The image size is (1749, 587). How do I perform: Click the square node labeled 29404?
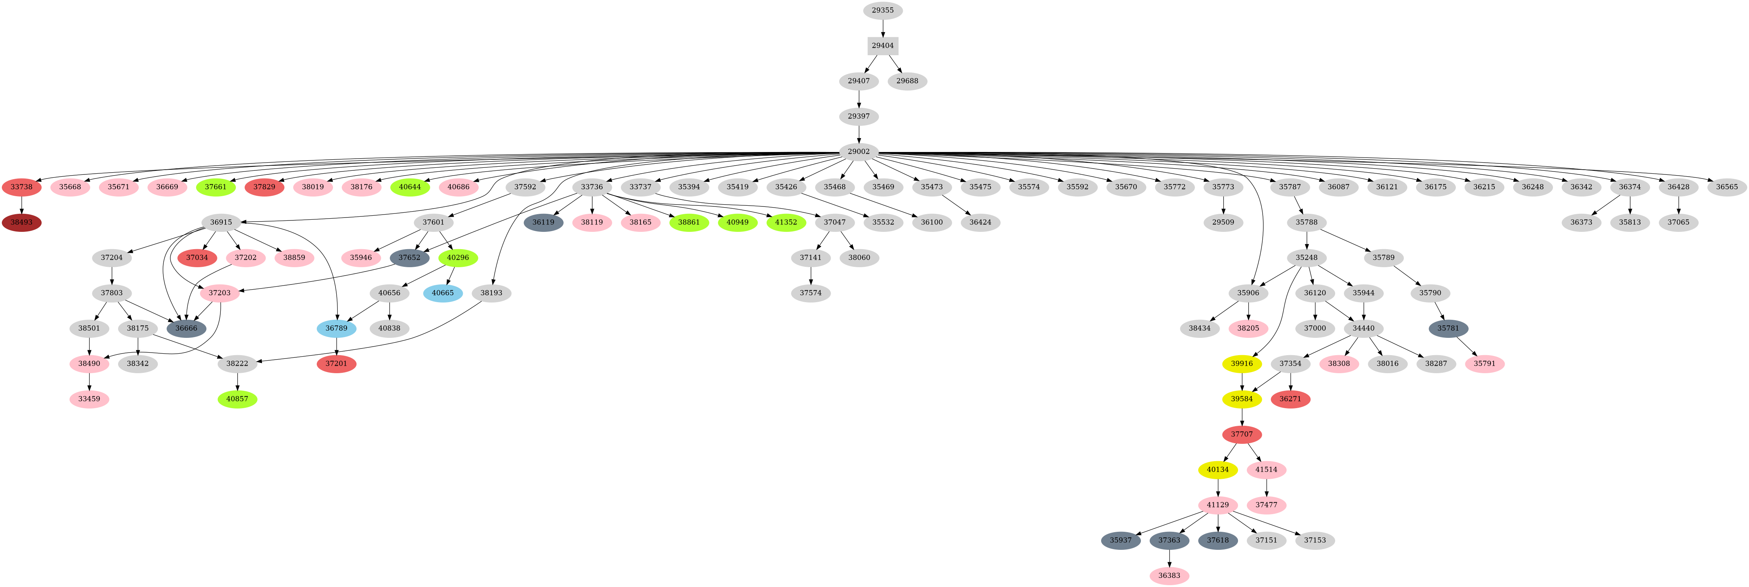[883, 46]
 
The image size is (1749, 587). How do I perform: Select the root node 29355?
[883, 10]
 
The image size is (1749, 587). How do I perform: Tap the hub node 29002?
[859, 152]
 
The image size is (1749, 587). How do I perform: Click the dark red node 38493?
[22, 222]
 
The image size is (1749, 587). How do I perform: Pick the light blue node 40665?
[443, 293]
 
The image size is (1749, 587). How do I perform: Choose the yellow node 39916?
[1242, 364]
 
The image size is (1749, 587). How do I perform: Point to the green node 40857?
[237, 399]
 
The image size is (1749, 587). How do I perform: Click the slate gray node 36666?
[186, 328]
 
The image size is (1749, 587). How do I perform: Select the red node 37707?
[1242, 434]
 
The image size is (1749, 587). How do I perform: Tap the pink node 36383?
[1169, 576]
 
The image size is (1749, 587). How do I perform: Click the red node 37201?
[336, 364]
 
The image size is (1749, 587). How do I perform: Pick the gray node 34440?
[1363, 328]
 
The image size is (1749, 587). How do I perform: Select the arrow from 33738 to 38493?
[22, 205]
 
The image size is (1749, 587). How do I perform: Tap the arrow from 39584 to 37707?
[1242, 417]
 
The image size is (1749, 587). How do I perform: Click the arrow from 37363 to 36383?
[1169, 558]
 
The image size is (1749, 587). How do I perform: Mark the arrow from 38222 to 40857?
[237, 381]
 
